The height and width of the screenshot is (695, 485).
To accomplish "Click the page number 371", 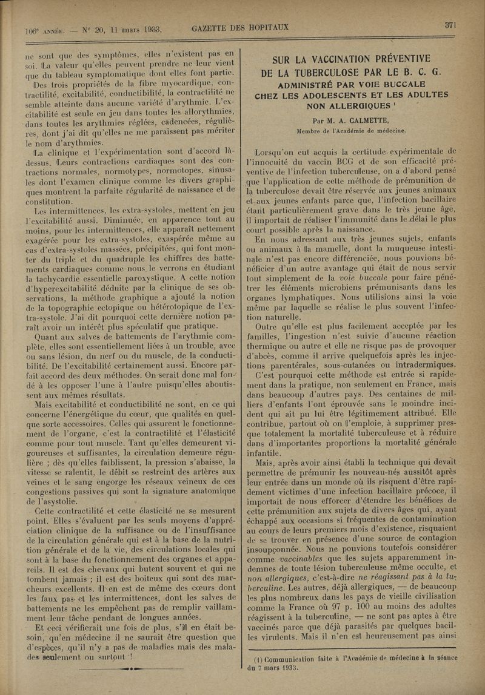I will (450, 25).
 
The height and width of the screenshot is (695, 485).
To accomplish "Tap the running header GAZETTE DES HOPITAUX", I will (240, 28).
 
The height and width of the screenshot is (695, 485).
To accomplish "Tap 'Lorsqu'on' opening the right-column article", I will (281, 151).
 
